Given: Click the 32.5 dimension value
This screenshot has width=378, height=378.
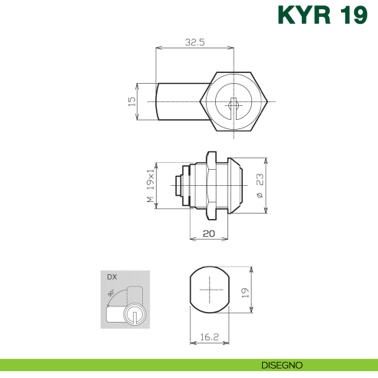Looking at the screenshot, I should [194, 43].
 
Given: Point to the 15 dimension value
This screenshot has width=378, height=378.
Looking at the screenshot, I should [132, 100].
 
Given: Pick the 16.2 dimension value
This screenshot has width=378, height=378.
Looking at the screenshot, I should [207, 337].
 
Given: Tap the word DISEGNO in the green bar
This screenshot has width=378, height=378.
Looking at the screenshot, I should [281, 364].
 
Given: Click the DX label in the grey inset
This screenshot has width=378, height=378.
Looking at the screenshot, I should [112, 277].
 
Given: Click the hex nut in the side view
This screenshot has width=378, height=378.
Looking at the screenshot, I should [209, 187].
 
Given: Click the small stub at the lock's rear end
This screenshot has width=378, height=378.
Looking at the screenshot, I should [178, 187].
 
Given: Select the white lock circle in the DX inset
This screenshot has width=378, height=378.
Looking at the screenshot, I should [134, 314].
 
